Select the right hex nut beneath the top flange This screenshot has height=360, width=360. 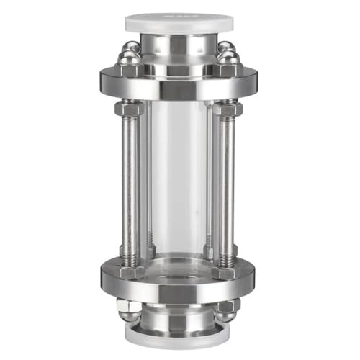click(x=228, y=109)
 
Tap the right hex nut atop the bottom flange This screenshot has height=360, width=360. click(x=228, y=253)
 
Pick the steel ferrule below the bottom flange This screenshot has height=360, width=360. click(x=180, y=318)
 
